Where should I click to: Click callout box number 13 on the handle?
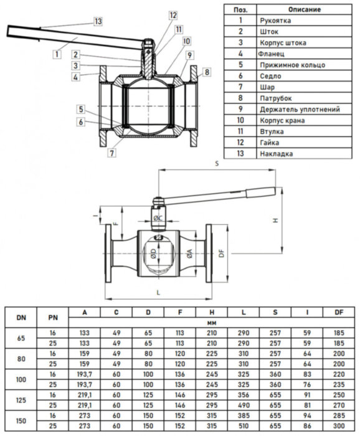[97, 21]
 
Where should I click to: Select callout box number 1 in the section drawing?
[57, 54]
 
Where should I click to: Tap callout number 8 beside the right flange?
[207, 73]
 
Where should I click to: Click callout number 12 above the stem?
[173, 15]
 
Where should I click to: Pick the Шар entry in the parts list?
[266, 87]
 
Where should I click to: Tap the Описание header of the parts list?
[305, 9]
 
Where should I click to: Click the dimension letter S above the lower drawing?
[216, 164]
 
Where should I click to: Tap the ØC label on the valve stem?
[158, 218]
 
